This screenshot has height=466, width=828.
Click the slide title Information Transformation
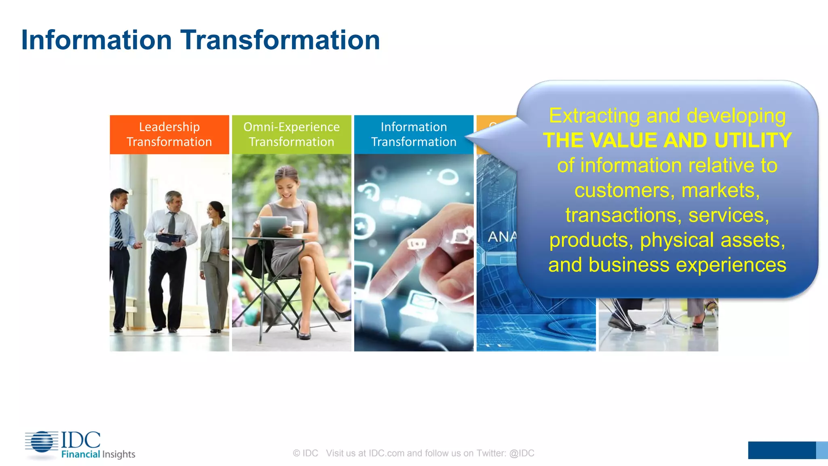(201, 40)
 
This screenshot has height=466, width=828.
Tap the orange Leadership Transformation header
(169, 134)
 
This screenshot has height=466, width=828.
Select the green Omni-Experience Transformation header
(291, 134)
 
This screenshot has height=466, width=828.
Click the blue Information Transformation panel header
(414, 134)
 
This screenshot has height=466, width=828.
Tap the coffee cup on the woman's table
(298, 228)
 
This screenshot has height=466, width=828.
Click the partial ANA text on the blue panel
(502, 237)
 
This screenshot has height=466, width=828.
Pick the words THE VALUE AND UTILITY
(667, 140)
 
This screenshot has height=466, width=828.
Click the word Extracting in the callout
(594, 116)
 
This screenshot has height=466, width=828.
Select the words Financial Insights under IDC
(98, 454)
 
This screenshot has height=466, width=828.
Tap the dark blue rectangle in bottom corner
(781, 450)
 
